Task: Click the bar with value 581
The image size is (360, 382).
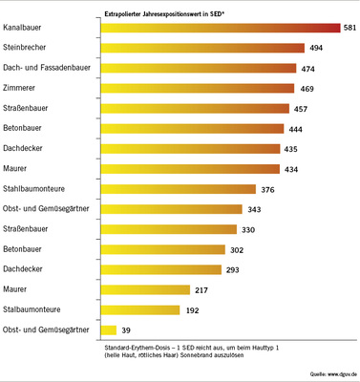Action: click(x=222, y=28)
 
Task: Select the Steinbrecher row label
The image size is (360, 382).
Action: click(x=32, y=48)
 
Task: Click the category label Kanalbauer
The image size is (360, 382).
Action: click(x=27, y=28)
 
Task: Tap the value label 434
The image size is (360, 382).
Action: click(x=292, y=169)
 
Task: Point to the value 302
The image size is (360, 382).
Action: click(x=240, y=249)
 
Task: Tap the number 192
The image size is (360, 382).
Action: click(x=193, y=310)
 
